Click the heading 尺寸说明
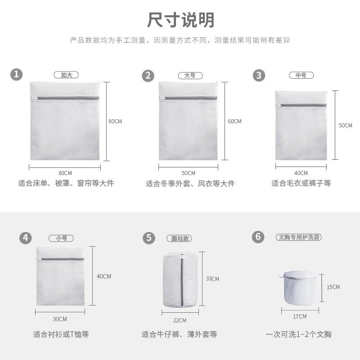[181, 20]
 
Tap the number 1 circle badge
[17, 75]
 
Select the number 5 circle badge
[148, 238]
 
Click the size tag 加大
[66, 75]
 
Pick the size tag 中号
[301, 75]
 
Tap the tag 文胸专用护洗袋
[299, 237]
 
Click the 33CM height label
[212, 279]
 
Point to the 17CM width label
[299, 316]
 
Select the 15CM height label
[333, 287]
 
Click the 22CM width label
[179, 320]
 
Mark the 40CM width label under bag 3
[301, 173]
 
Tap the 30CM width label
[59, 319]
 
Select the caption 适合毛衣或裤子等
[301, 184]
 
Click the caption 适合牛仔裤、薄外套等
[179, 334]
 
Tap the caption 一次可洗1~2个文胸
[298, 334]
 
